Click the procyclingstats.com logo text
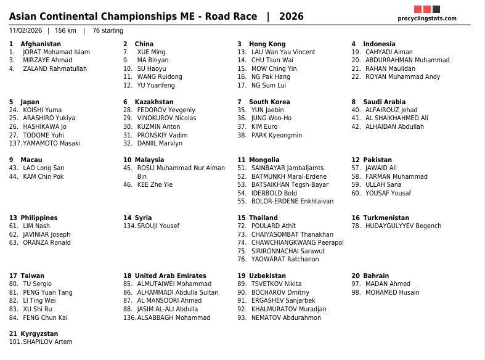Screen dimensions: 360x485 pyautogui.click(x=427, y=18)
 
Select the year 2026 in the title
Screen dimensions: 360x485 pyautogui.click(x=291, y=17)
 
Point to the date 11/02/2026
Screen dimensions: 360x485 pyautogui.click(x=25, y=31)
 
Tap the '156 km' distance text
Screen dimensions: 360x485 pyautogui.click(x=65, y=31)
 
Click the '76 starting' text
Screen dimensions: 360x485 pyautogui.click(x=108, y=31)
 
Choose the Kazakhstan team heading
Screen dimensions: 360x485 pyautogui.click(x=154, y=102)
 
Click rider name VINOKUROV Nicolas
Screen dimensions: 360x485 pyautogui.click(x=166, y=118)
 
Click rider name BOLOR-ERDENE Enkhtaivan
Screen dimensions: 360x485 pyautogui.click(x=292, y=202)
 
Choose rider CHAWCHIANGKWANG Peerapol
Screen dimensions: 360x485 pyautogui.click(x=297, y=243)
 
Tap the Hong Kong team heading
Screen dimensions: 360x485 pyautogui.click(x=267, y=44)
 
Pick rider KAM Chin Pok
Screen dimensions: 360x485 pyautogui.click(x=43, y=177)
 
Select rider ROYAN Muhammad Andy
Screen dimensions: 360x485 pyautogui.click(x=402, y=77)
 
